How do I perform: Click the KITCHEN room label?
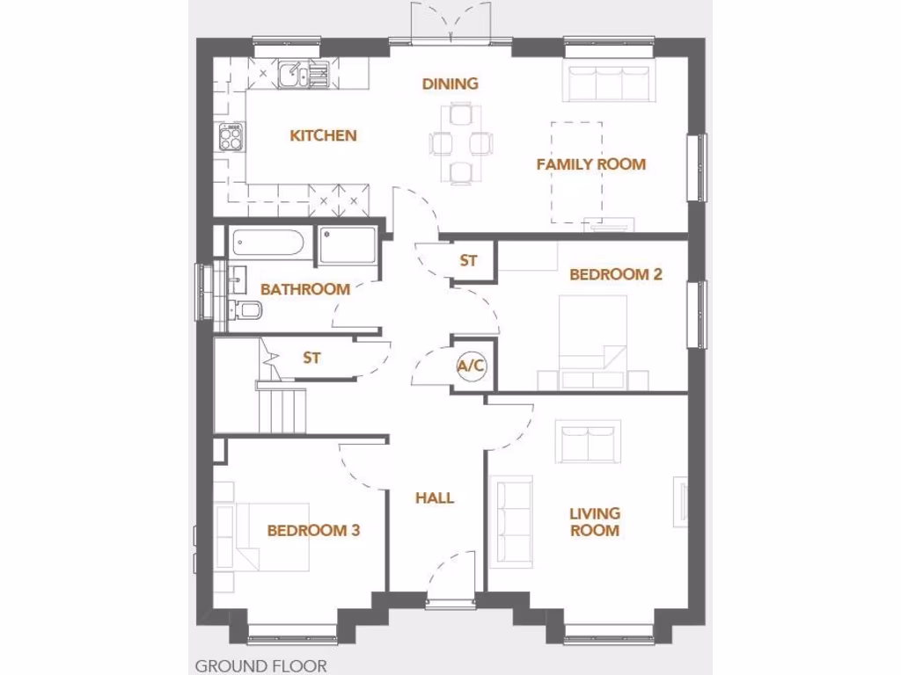(323, 135)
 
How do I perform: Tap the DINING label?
(450, 83)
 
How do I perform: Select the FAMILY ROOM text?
(590, 164)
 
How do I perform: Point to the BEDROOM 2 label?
(615, 274)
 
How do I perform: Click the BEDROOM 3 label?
(313, 530)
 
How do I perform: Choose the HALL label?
(435, 497)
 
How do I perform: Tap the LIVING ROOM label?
(594, 521)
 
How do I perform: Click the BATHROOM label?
(304, 289)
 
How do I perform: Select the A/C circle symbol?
(470, 367)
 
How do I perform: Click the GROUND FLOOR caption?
(260, 665)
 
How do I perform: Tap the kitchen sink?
(293, 75)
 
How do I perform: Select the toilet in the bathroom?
(245, 308)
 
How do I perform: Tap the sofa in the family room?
(609, 83)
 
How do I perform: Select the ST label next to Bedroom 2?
(468, 261)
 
